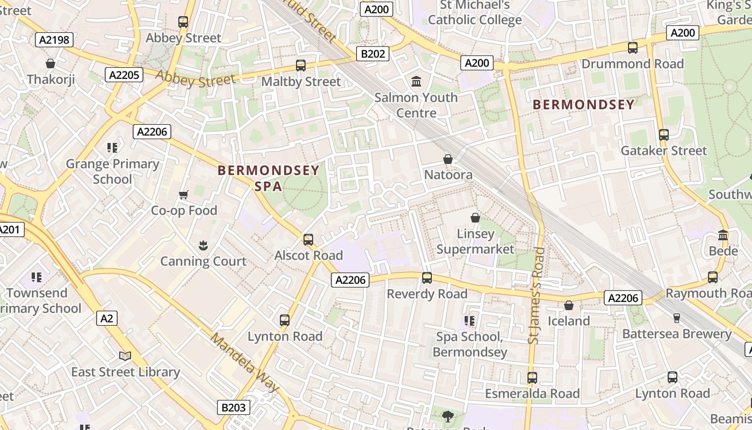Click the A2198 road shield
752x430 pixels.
54,40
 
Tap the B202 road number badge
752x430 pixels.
372,54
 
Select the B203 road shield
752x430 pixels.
233,407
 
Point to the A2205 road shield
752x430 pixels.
124,75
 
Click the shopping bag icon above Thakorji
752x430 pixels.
50,64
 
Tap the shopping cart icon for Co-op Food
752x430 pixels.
184,195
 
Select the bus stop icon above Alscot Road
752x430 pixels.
308,240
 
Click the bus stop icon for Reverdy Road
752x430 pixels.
427,278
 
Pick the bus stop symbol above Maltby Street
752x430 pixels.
301,66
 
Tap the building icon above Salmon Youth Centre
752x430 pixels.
416,82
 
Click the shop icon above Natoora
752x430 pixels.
448,159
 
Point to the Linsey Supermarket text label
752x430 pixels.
475,241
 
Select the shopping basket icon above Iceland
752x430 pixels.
569,305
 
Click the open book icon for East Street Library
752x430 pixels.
125,356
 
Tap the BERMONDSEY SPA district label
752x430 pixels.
268,178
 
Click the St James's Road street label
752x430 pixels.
537,295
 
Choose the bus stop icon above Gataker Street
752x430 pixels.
664,135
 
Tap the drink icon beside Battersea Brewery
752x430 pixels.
677,318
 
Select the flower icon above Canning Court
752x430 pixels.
203,246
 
